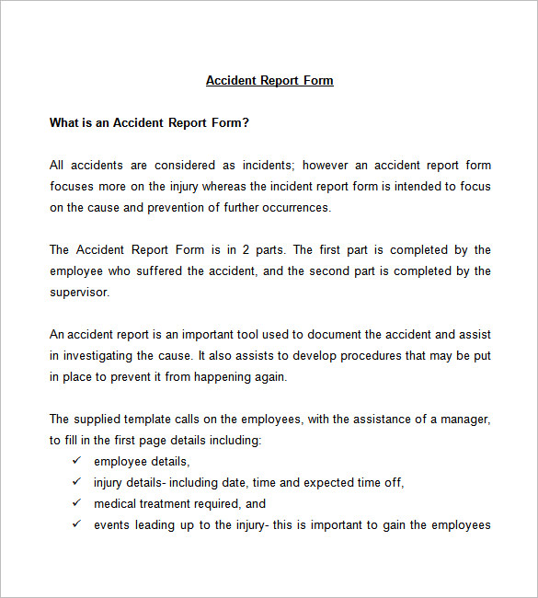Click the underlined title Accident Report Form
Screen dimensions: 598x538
tap(269, 81)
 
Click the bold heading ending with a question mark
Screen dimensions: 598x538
tap(149, 122)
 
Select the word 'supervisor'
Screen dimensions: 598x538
tap(79, 293)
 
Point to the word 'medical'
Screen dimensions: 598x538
tap(115, 504)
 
